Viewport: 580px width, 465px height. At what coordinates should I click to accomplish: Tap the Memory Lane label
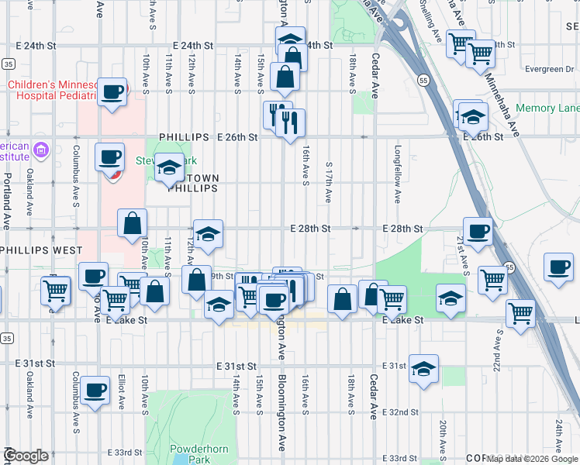547,108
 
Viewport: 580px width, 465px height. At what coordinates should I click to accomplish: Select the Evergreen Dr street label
548,69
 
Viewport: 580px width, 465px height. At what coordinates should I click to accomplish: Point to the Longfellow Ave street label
397,175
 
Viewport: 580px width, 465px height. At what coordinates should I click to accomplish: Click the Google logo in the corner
26,456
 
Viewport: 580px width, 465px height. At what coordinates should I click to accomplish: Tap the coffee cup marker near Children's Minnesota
113,92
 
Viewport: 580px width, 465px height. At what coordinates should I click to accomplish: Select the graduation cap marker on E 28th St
207,234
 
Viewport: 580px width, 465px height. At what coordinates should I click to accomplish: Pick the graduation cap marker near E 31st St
423,368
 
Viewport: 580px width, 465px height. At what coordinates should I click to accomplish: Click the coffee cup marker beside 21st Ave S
478,230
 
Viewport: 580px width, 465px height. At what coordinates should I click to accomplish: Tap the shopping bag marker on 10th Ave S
132,223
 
